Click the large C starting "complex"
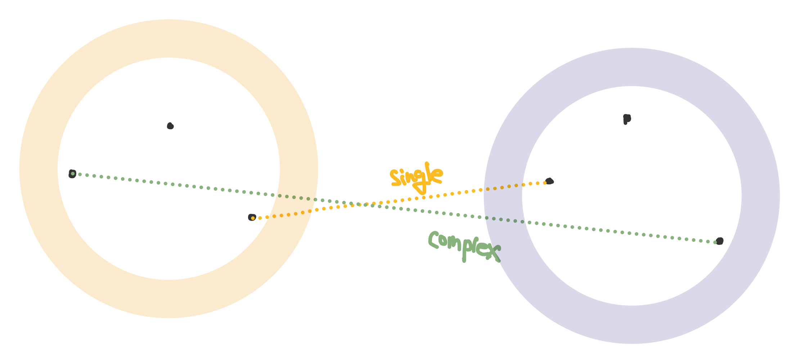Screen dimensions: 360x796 point(434,239)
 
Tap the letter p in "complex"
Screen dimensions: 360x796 point(465,248)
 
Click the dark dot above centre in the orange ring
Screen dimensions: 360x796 point(170,126)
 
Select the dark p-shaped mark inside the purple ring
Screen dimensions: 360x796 point(626,118)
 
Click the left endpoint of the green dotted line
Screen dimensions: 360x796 point(72,174)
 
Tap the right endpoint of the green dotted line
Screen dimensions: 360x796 point(719,241)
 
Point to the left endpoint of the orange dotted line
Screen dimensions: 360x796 point(252,217)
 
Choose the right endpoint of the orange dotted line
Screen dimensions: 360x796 point(549,181)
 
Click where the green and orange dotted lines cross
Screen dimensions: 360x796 point(360,204)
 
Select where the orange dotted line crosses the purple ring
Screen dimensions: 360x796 point(504,187)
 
